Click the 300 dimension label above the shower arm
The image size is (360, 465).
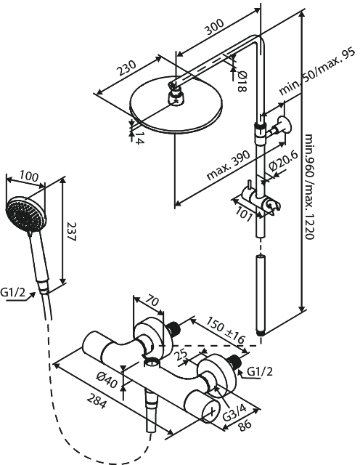point(213,28)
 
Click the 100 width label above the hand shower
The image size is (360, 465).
point(28,177)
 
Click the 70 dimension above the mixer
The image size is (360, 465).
point(152,299)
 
